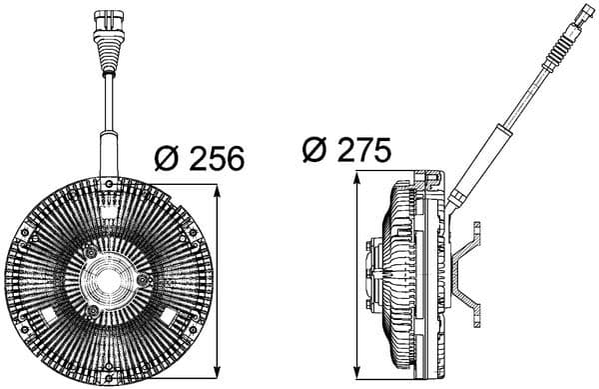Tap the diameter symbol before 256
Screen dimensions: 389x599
pyautogui.click(x=168, y=157)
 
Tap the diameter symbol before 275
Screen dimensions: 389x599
pyautogui.click(x=314, y=150)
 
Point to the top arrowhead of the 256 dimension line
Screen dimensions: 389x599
pyautogui.click(x=217, y=188)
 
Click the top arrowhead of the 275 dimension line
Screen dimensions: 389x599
pyautogui.click(x=356, y=180)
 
